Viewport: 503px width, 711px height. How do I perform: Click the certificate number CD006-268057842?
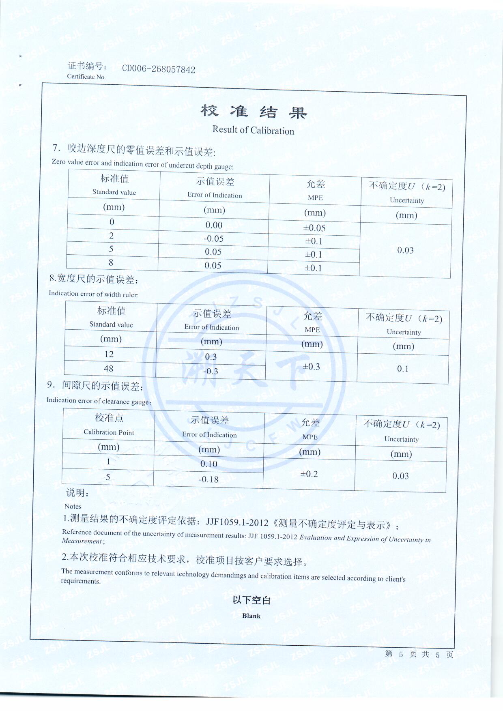point(159,69)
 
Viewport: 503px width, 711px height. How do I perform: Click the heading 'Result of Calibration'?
point(253,130)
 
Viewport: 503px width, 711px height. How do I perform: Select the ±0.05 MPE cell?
point(314,228)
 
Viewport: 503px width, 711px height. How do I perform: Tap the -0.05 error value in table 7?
point(213,238)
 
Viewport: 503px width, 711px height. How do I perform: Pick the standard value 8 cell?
point(111,262)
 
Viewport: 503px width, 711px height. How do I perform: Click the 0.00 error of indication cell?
point(214,225)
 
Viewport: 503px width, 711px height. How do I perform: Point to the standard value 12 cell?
point(109,354)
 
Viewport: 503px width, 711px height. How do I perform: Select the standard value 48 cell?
point(108,369)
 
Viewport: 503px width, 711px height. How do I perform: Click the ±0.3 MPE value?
point(311,367)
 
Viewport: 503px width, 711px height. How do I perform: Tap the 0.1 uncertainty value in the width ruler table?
point(403,369)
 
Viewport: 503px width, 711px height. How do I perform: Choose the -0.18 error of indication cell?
point(209,479)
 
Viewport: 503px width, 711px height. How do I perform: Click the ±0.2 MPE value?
point(309,474)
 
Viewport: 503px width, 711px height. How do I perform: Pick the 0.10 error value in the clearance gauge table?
point(209,464)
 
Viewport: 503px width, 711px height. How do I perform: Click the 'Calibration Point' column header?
point(109,432)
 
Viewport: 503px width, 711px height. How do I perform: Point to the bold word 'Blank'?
point(251,616)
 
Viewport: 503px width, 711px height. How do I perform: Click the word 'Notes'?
point(73,506)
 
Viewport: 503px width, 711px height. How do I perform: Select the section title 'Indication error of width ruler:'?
point(93,294)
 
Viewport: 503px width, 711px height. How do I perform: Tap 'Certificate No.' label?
point(86,77)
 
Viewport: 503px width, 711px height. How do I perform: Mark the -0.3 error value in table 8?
point(211,371)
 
